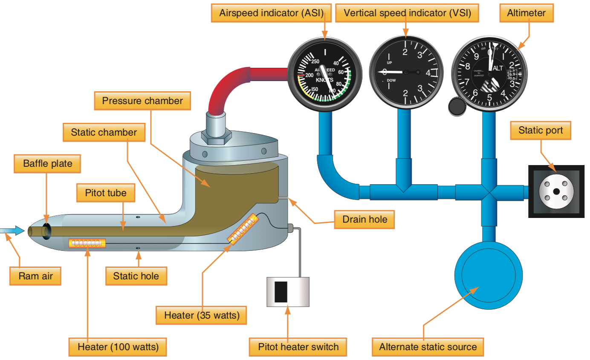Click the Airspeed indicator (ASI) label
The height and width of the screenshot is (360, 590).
[x=272, y=13]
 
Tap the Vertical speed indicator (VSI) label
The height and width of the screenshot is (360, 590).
[x=407, y=13]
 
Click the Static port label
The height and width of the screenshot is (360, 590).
[x=541, y=131]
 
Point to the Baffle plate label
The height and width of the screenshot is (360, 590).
[x=47, y=164]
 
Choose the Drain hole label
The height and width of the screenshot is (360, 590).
[x=365, y=219]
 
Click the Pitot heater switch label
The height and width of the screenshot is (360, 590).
[x=298, y=347]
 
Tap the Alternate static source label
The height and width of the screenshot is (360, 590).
[x=428, y=347]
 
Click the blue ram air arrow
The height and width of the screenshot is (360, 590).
[x=12, y=231]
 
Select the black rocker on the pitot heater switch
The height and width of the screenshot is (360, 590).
[x=281, y=292]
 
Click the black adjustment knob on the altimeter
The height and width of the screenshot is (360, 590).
[x=457, y=107]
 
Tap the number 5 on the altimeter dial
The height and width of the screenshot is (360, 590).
[x=489, y=98]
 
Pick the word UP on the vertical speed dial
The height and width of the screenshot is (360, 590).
[x=389, y=63]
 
